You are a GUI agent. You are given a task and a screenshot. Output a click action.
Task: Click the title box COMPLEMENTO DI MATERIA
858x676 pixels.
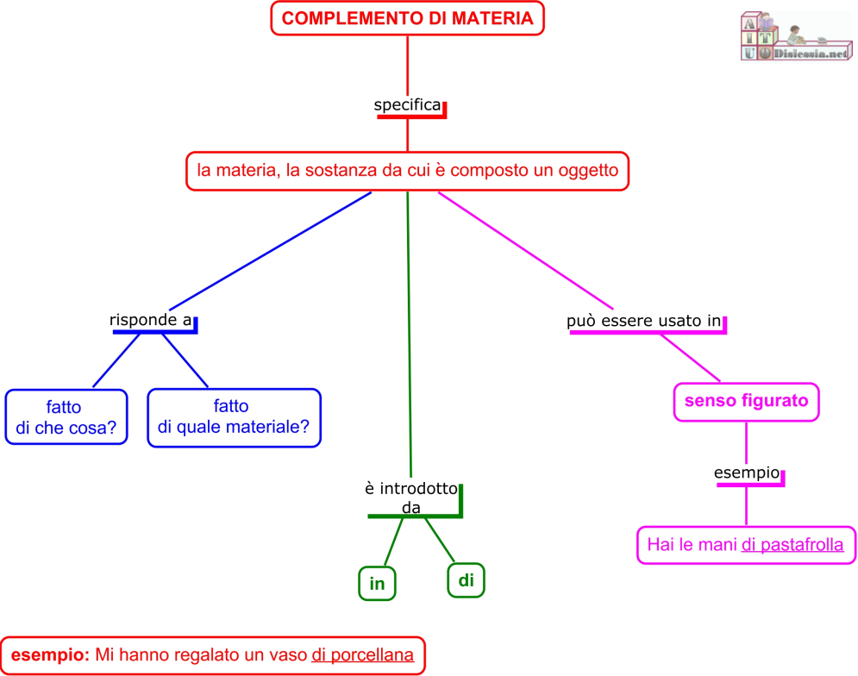click(x=408, y=18)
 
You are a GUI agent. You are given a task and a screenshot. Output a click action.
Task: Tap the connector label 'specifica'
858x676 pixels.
click(x=407, y=105)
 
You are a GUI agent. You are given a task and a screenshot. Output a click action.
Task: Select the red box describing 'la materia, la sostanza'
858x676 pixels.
click(x=408, y=171)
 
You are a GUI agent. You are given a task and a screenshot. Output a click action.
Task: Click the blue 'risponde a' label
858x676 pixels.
click(x=150, y=320)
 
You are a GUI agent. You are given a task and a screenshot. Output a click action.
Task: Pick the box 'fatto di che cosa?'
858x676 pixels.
click(x=66, y=416)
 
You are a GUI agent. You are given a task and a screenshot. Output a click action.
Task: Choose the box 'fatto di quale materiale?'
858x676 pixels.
click(x=234, y=416)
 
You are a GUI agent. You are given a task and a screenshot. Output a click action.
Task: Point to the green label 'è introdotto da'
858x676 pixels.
click(x=411, y=498)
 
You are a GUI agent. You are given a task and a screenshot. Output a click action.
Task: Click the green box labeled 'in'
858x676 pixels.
click(x=377, y=584)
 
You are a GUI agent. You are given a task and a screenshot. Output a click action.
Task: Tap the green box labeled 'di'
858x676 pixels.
click(x=466, y=580)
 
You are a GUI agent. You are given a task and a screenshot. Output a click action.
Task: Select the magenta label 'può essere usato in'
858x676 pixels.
click(x=643, y=322)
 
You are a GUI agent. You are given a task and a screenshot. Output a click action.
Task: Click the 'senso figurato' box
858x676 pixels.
click(x=746, y=401)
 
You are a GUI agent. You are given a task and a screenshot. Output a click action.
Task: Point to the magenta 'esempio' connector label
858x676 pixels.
click(x=747, y=473)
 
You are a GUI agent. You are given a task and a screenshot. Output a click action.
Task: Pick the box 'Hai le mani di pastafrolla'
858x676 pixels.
click(x=747, y=545)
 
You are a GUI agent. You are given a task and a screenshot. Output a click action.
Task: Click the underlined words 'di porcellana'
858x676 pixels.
click(x=363, y=656)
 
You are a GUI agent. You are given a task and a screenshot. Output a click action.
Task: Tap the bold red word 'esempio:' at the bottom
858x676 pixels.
click(x=50, y=656)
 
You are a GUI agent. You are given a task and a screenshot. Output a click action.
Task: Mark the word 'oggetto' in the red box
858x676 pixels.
click(x=587, y=171)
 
